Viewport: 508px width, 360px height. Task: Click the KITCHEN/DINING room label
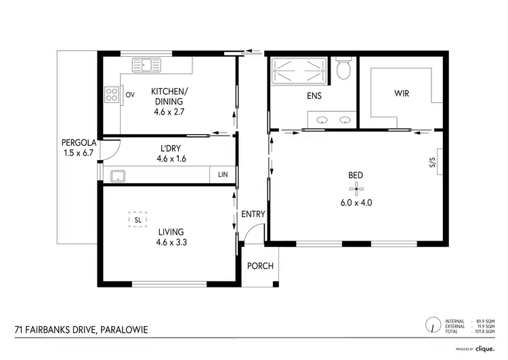(169, 96)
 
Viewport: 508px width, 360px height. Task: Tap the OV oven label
(129, 95)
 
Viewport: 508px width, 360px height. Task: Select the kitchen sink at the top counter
(148, 66)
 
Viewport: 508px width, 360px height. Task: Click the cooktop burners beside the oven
(112, 95)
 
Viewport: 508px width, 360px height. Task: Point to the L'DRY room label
(170, 148)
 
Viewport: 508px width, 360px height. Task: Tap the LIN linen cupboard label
(223, 176)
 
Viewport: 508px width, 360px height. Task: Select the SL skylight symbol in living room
(137, 220)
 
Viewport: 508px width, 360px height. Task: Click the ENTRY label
(253, 214)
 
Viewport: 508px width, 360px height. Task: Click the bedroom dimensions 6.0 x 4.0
(357, 202)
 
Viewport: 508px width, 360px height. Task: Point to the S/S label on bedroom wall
(431, 163)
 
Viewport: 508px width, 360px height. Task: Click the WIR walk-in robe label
(402, 95)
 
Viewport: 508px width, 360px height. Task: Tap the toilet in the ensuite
(343, 68)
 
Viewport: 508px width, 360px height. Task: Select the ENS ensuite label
(314, 96)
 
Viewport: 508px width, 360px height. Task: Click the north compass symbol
(431, 324)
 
